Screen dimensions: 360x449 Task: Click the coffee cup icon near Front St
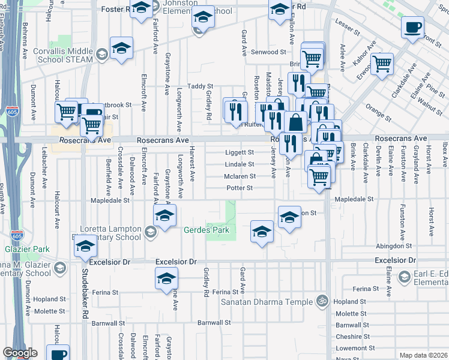413,28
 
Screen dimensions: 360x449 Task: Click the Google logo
20,353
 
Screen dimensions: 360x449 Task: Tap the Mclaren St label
240,176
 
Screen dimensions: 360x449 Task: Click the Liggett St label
240,152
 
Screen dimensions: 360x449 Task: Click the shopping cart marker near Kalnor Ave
382,64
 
